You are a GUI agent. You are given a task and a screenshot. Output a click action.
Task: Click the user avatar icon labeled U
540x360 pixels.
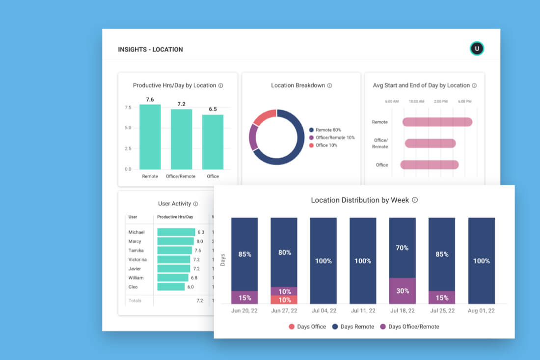point(477,49)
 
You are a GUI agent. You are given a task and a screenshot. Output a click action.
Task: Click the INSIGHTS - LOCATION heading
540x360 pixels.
point(150,50)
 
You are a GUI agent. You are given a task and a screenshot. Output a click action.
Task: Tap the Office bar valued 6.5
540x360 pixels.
point(213,142)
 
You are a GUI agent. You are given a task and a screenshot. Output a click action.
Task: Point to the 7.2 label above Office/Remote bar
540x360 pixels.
point(181,104)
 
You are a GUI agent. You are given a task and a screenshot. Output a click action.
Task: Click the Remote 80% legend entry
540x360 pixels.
point(327,130)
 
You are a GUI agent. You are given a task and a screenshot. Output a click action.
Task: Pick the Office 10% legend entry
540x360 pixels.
point(325,145)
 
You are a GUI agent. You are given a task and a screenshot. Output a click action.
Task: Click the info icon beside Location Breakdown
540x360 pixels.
point(329,85)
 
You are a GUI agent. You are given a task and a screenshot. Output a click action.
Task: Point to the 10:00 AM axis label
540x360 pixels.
point(416,101)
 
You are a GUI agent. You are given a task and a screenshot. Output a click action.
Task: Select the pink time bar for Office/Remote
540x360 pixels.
point(431,143)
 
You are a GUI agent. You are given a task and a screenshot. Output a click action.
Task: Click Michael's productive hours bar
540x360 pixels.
point(176,232)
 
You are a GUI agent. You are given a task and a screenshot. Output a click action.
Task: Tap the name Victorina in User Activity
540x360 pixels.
point(137,259)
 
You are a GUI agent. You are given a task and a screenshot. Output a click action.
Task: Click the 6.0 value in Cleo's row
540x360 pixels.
point(190,287)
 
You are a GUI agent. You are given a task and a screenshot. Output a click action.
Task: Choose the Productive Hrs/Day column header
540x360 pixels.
point(175,217)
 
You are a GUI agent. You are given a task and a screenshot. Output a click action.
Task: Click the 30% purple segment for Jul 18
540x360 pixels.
point(402,291)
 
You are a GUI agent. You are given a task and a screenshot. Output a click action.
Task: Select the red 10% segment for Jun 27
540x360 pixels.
point(284,300)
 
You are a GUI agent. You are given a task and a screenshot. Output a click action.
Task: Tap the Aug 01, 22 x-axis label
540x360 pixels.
point(481,311)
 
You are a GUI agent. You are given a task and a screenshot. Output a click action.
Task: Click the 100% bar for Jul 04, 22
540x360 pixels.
point(323,261)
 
